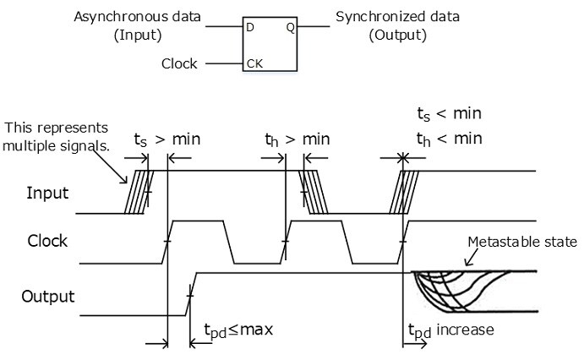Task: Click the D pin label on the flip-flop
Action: [250, 27]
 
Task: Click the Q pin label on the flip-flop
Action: [290, 27]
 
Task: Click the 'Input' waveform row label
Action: [46, 193]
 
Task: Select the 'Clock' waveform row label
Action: [46, 241]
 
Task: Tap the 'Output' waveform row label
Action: [46, 297]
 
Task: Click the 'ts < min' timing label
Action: [449, 113]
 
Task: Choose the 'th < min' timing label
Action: [449, 139]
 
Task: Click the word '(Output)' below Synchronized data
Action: [397, 35]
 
